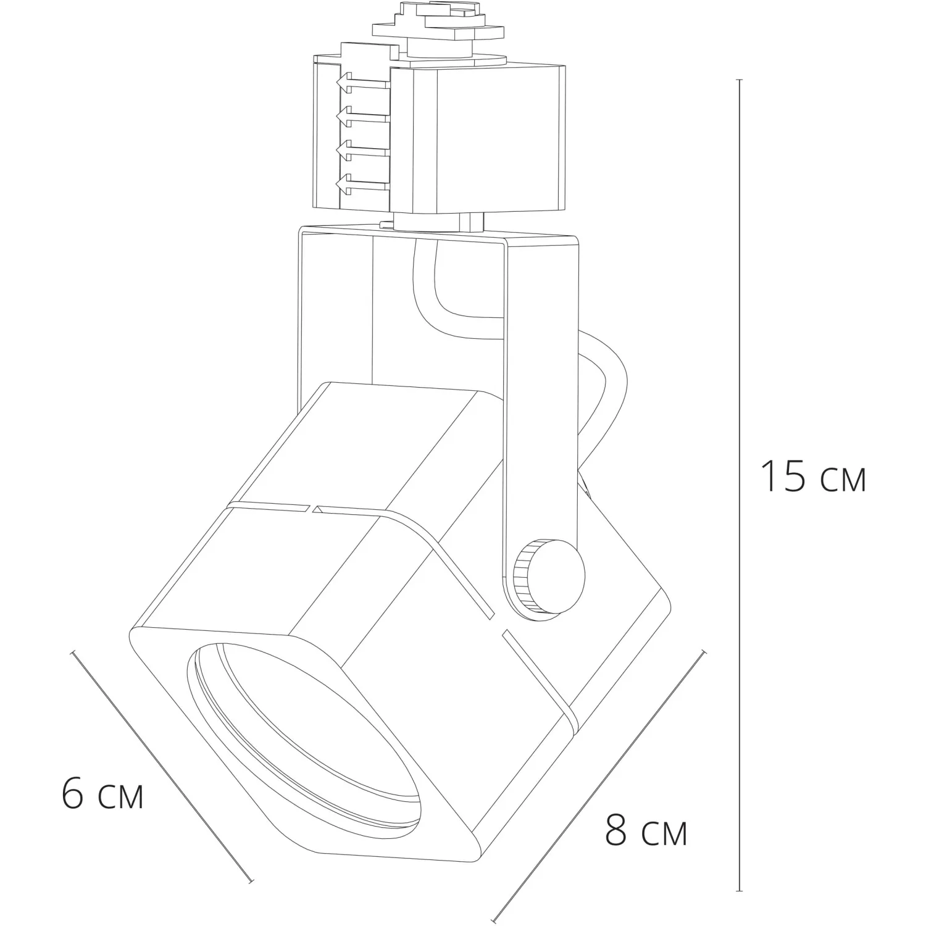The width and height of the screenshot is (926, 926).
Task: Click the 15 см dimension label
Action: point(814,477)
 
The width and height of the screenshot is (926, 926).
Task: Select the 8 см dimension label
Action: point(646,832)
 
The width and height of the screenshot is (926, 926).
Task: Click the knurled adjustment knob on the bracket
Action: point(548,576)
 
